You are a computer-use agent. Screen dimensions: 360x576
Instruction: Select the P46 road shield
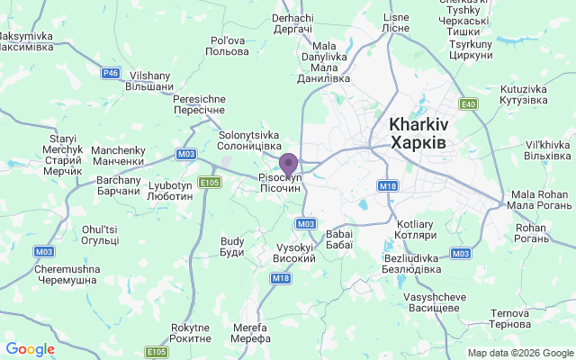[x=111, y=73]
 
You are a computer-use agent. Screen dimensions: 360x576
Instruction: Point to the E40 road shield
[x=466, y=103]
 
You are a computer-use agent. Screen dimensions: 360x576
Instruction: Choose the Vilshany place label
[x=150, y=83]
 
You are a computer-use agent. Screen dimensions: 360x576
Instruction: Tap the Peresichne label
[x=199, y=103]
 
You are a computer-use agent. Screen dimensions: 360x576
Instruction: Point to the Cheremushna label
[x=65, y=274]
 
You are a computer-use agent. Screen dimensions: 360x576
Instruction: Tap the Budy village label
[x=232, y=247]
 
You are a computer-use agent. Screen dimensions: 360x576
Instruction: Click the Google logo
[x=30, y=349]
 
